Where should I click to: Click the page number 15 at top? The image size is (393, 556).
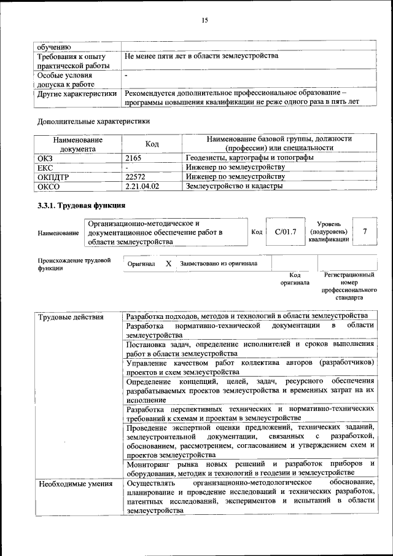[x=204, y=20]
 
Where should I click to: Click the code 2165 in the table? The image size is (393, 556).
[x=133, y=158]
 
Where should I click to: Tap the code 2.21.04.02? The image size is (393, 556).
[x=142, y=186]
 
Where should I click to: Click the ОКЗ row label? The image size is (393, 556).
[x=46, y=158]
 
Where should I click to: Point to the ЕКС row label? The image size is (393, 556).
[x=46, y=167]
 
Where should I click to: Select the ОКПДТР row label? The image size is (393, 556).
[x=55, y=176]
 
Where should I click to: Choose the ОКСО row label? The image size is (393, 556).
[x=49, y=186]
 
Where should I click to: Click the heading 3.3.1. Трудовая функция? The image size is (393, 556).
[x=82, y=205]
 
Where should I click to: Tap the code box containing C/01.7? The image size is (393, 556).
[x=286, y=232]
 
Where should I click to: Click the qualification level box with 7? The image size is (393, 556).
[x=365, y=232]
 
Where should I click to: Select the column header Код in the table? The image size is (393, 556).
[x=152, y=144]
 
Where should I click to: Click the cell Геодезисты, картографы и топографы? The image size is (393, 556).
[x=250, y=158]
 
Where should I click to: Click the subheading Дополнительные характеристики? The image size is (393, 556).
[x=94, y=121]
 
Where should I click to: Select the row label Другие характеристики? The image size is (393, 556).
[x=77, y=93]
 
